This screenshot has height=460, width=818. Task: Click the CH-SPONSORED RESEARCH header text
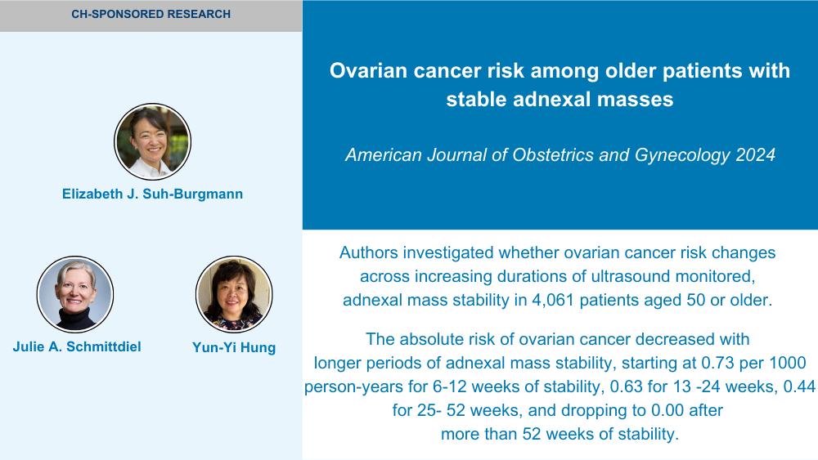tap(151, 14)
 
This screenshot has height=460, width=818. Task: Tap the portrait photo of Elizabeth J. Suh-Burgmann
tap(152, 141)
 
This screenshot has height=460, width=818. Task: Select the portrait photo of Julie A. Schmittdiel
tap(75, 294)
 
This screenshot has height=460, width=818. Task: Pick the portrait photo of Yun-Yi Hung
tap(234, 294)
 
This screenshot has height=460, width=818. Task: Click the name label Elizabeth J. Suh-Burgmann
tap(152, 194)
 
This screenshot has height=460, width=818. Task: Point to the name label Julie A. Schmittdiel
tap(77, 346)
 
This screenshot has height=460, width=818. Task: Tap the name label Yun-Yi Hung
tap(234, 347)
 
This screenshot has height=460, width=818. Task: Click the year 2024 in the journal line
tap(755, 154)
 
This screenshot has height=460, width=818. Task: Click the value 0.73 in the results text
tap(718, 363)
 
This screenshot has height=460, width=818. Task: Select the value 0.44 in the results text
tap(799, 386)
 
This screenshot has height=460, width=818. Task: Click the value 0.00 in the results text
tap(667, 410)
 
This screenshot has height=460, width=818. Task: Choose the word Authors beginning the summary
tap(369, 252)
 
